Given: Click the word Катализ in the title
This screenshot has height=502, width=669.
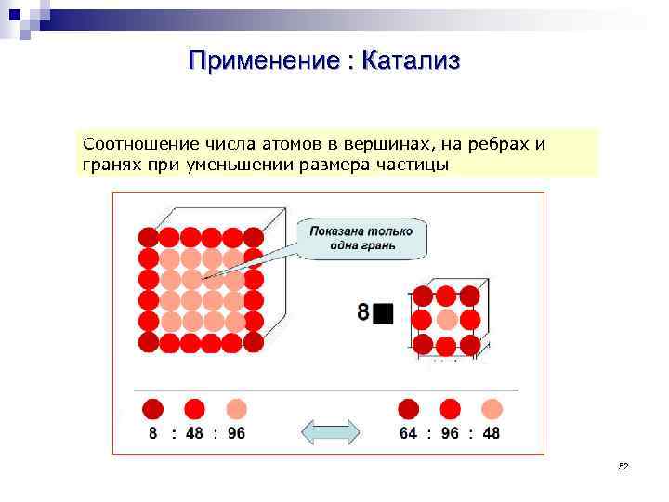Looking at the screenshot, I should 411,61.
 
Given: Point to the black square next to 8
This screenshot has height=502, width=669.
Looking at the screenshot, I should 384,313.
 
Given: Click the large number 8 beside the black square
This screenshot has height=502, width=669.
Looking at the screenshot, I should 363,312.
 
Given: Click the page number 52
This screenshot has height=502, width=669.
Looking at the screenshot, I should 623,466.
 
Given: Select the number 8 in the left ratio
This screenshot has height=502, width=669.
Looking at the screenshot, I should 153,433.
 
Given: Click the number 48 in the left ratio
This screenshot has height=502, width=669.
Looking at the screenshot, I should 194,433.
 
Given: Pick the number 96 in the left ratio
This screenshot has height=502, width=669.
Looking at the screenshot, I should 236,433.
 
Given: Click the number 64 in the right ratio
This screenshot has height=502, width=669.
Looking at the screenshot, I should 408,433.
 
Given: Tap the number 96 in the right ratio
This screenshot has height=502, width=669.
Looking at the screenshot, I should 450,433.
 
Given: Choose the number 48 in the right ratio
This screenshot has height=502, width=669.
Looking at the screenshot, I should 491,433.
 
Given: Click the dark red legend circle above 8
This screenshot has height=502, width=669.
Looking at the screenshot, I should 153,409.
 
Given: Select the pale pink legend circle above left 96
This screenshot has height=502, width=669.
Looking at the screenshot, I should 236,409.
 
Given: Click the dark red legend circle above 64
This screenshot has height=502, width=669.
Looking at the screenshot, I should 408,409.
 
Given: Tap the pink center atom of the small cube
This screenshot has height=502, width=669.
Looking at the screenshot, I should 447,321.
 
